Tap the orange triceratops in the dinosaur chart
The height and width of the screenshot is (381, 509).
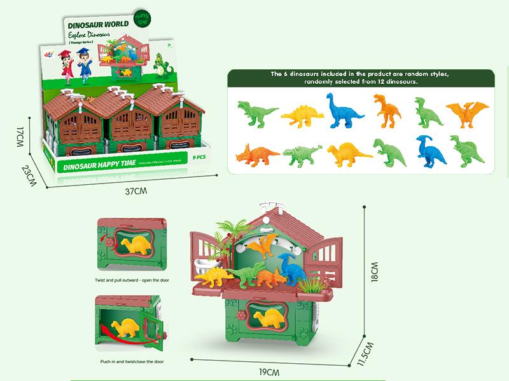click(x=256, y=154)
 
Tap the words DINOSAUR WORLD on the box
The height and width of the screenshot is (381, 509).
click(x=97, y=23)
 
